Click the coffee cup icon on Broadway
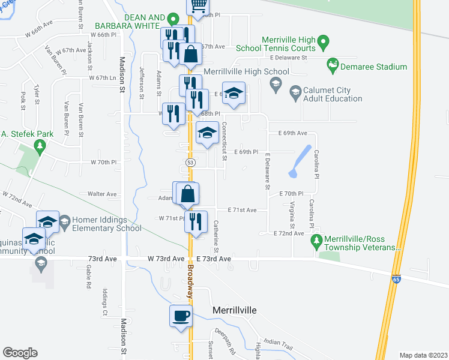181,316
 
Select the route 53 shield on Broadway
190,163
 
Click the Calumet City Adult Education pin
295,92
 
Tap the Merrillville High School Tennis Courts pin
324,43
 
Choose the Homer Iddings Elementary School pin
65,221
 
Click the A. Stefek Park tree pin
40,145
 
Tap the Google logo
20,352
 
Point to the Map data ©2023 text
423,355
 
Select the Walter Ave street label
102,194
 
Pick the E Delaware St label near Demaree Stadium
288,58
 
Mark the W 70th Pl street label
103,163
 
